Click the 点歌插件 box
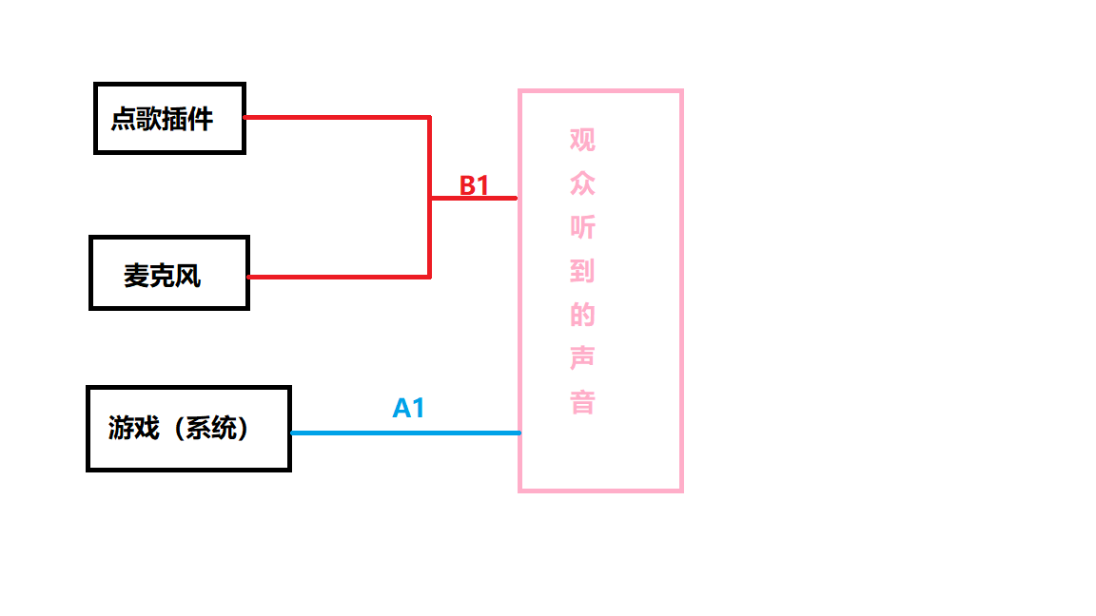pos(169,118)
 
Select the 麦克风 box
pos(168,273)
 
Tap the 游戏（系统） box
pos(188,429)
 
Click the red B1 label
pos(474,185)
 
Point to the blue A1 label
pos(408,409)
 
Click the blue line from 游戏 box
pos(404,433)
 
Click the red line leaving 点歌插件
pos(333,117)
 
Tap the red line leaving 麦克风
pos(333,277)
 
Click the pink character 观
pos(582,140)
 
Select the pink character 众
pos(582,183)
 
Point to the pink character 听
pos(582,227)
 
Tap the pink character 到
pos(582,271)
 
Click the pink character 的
pos(582,315)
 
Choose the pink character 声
pos(582,358)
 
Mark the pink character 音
pos(582,402)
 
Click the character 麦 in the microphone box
pos(136,276)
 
